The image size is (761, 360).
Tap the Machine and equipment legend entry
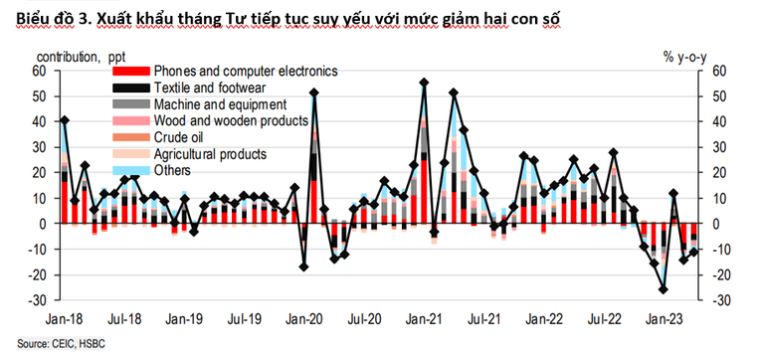coord(220,103)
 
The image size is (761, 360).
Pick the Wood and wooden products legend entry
coord(231,120)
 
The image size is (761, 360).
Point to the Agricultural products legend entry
coord(210,153)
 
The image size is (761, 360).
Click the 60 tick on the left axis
coord(39,71)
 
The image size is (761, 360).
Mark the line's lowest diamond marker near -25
coord(662,289)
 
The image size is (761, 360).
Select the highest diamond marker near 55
coord(424,83)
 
